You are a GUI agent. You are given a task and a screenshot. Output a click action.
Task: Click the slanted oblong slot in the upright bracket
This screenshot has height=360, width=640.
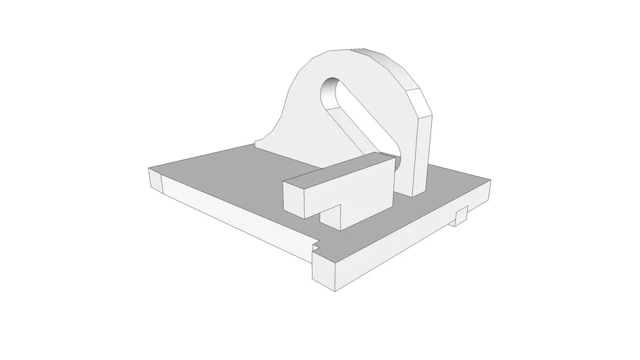[x=355, y=115]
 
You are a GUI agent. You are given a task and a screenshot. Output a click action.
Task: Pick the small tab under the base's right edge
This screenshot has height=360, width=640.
[x=461, y=216]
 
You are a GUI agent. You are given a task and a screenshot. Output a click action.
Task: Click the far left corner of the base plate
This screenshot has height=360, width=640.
[x=150, y=169]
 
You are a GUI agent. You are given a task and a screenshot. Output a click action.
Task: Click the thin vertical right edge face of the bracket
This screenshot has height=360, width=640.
[x=421, y=155]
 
